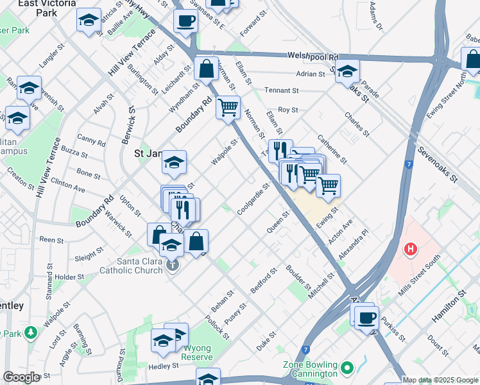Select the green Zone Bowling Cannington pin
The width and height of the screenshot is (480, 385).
347,368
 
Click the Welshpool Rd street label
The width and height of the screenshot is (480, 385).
313,56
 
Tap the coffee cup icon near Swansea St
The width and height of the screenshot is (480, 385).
185,21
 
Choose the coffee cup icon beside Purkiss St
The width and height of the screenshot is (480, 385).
366,318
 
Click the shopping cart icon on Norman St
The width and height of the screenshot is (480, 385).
228,108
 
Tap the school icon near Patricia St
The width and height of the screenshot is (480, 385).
89,21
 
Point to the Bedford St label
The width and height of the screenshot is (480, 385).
263,282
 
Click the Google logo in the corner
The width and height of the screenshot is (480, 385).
21,377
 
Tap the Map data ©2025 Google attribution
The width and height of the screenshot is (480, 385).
439,380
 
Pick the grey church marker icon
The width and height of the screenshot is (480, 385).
171,264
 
